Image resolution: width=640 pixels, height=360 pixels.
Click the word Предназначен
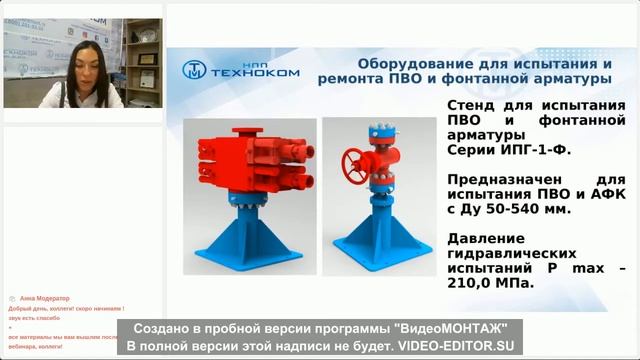click(x=501, y=179)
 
